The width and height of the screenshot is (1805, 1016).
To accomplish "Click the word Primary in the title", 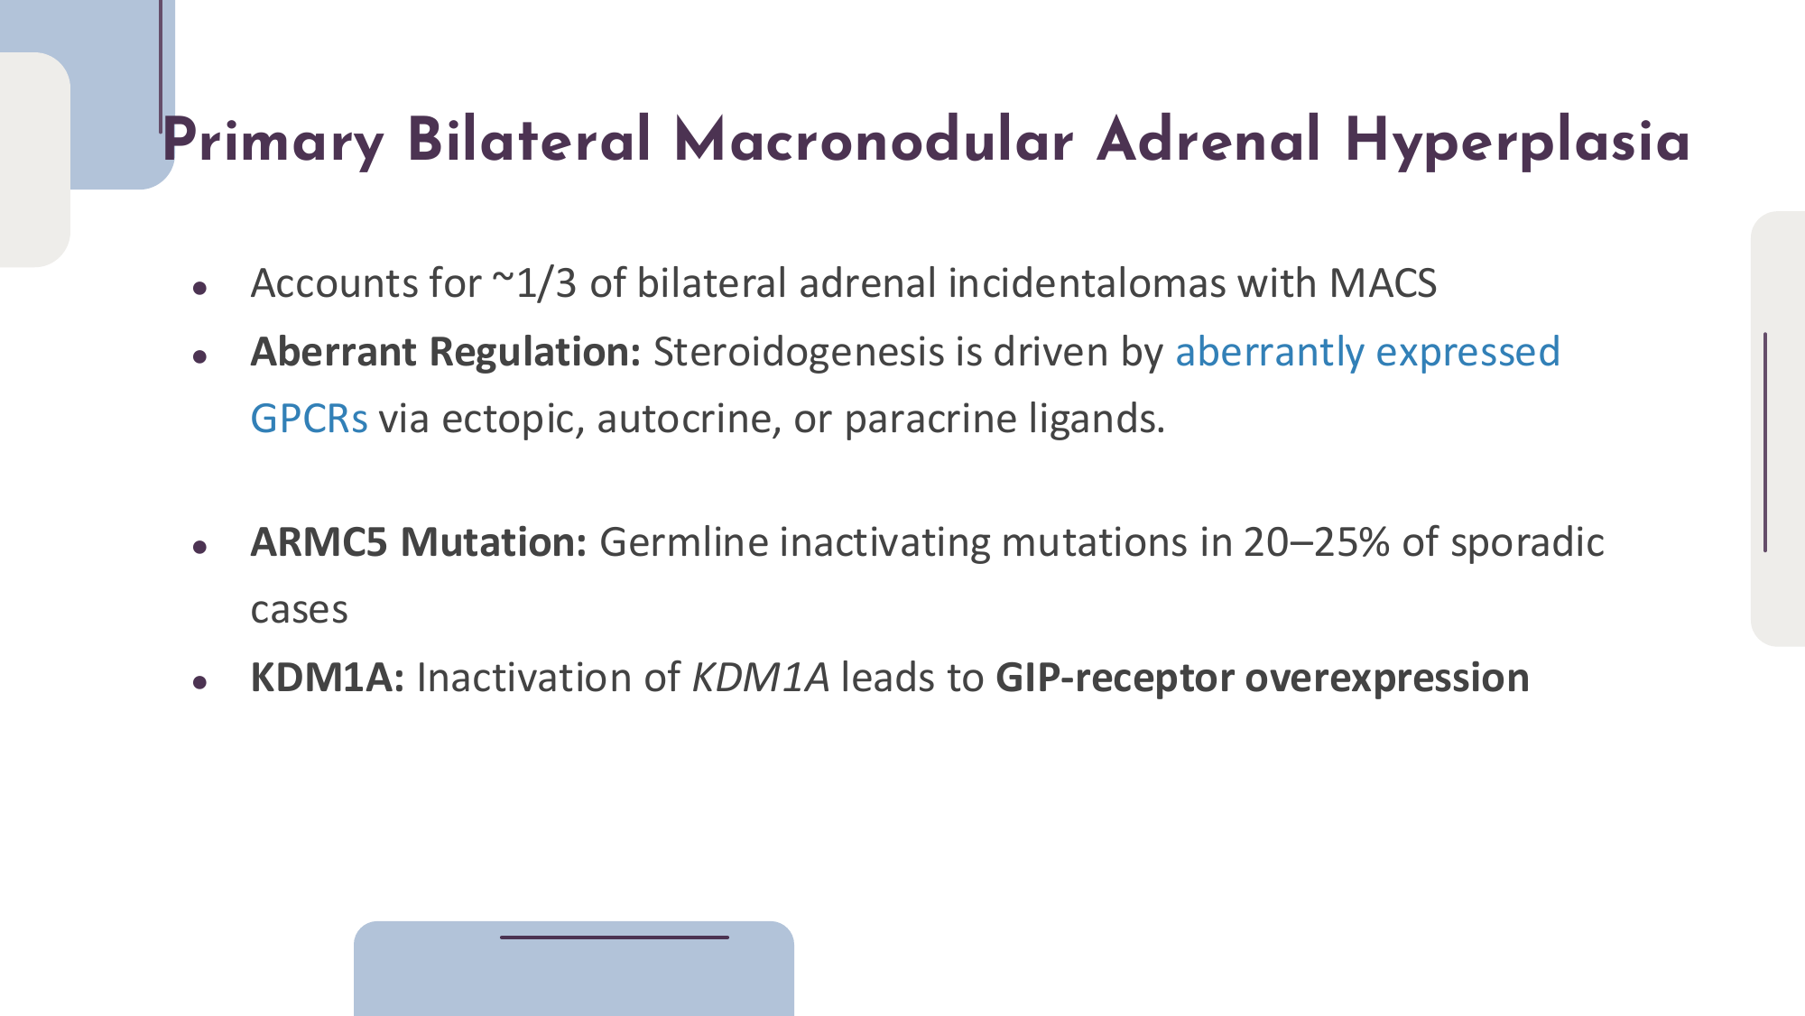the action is pos(273,142).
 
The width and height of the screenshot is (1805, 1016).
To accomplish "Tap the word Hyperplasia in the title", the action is pos(1517,142).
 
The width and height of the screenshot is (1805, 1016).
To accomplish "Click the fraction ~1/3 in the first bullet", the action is pos(533,283).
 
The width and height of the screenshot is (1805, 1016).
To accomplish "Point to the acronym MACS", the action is pos(1383,283).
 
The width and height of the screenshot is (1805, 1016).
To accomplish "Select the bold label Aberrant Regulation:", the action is pos(446,352).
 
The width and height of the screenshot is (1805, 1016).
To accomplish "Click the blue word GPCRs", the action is pos(309,419).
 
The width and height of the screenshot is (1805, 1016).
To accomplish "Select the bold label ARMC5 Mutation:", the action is pos(419,542).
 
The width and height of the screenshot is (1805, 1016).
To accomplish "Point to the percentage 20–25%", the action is pos(1316,542).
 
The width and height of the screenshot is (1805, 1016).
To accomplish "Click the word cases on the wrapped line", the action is pos(299,611).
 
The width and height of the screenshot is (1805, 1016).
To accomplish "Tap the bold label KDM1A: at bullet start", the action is pos(328,678).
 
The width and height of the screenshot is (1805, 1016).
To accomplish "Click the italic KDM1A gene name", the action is pos(760,678).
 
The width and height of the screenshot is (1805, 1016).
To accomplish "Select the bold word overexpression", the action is pos(1387,678).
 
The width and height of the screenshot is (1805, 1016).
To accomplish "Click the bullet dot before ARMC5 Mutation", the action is pos(200,547).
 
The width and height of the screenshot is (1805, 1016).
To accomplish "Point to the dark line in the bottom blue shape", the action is pos(615,937).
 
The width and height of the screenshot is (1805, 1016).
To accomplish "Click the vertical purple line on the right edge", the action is pos(1765,442).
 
